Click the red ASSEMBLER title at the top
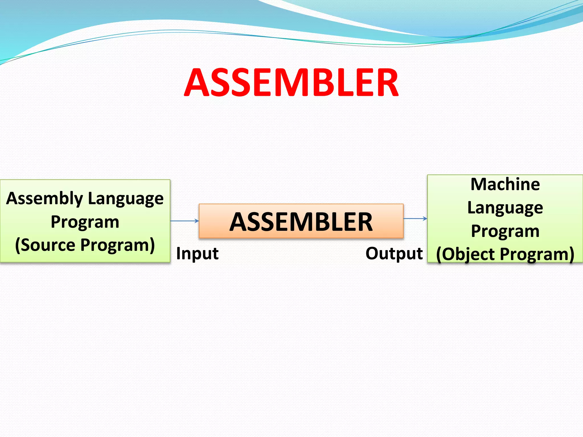coord(291,83)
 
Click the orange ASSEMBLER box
coord(301,221)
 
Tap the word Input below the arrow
coord(197,253)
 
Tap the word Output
coord(394,253)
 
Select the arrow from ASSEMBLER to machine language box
coord(415,218)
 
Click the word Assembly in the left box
coord(44,199)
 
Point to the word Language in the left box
coord(126,199)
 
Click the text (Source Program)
coord(85,245)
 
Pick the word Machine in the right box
coord(505,184)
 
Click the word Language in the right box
coord(505,208)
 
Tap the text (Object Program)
coord(505,254)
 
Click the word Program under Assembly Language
coord(85,222)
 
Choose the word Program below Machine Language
coord(505,231)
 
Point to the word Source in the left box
coord(48,245)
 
